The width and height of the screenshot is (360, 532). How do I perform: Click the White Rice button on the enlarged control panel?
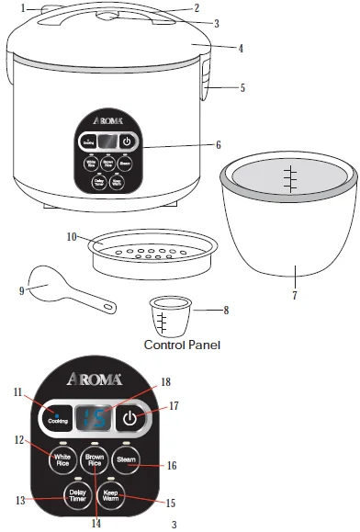[x=63, y=459]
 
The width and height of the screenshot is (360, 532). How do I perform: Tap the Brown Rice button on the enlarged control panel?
[x=94, y=460]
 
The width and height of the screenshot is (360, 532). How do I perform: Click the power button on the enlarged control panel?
[x=129, y=419]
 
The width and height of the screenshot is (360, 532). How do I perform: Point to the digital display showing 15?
[x=95, y=419]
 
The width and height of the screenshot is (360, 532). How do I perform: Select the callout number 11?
[x=17, y=393]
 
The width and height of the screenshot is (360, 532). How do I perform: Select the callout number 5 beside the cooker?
[x=242, y=88]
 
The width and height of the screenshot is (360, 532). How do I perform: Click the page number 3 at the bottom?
[x=174, y=525]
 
